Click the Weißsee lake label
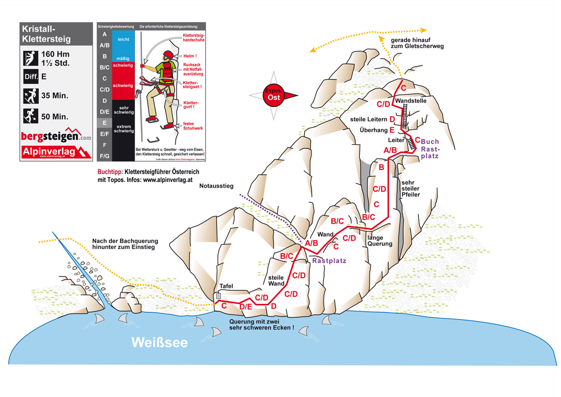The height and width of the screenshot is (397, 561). click(x=160, y=343)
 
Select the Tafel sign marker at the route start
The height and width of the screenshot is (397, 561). click(x=219, y=296)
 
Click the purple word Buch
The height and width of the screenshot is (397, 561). click(x=430, y=142)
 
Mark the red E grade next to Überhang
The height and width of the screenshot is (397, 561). click(x=392, y=130)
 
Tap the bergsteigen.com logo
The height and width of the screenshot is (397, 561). click(x=56, y=136)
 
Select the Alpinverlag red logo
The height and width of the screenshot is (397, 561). click(x=56, y=152)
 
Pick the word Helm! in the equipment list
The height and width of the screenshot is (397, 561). click(x=190, y=56)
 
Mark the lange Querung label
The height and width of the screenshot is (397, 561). click(x=380, y=241)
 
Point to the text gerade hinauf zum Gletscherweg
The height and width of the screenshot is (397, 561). click(x=417, y=43)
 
